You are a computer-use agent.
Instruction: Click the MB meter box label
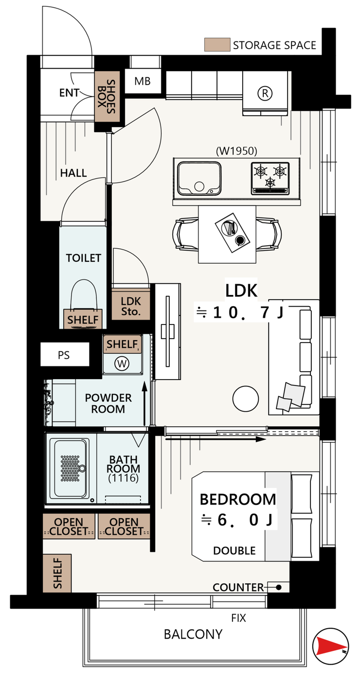143,81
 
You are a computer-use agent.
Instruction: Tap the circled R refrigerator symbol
265,93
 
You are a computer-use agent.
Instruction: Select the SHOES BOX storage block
107,97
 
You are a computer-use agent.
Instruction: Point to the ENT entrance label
70,93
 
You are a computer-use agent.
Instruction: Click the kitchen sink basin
199,179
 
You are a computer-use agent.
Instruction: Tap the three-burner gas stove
270,179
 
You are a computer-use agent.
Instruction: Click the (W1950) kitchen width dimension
236,151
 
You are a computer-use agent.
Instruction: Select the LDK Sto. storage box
131,304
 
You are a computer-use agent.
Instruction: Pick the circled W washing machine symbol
122,364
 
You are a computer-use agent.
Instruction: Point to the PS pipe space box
65,355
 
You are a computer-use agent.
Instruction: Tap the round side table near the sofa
246,399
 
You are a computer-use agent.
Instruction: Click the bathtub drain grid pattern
71,469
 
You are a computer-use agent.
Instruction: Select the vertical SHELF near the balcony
57,573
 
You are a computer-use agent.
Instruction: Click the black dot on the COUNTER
279,587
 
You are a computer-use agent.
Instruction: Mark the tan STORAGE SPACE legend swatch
217,44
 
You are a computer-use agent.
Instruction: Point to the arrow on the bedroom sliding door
216,439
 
